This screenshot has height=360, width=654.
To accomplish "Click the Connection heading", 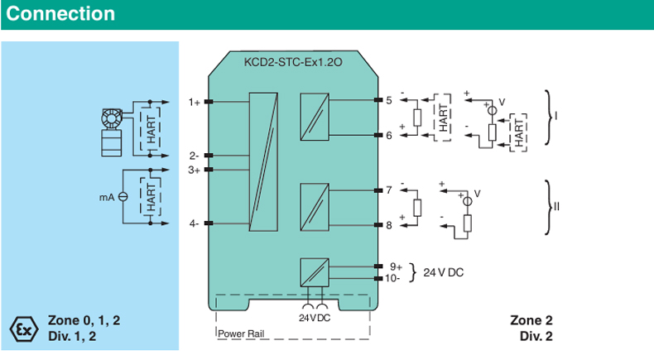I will click(61, 14).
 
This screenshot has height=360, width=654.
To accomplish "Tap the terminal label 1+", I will click(195, 103).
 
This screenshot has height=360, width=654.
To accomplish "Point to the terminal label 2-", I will click(194, 155).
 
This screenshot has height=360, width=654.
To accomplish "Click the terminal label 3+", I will click(195, 170).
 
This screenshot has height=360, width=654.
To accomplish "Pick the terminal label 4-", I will click(194, 223).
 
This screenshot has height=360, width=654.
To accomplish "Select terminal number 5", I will click(389, 101).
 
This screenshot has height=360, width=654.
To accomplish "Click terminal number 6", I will click(389, 135).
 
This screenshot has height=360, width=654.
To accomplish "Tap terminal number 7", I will click(389, 190).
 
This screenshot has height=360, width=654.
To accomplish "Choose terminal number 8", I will click(389, 224).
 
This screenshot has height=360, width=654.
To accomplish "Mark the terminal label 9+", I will click(396, 266).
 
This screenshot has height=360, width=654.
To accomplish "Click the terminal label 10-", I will click(394, 278).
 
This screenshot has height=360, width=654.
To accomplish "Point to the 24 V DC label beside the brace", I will click(444, 272).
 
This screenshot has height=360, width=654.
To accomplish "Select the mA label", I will click(106, 197).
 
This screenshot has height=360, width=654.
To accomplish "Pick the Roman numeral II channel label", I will click(556, 206).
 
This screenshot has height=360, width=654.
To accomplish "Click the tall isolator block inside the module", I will click(265, 163).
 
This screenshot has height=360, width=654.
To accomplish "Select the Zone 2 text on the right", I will click(531, 320).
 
